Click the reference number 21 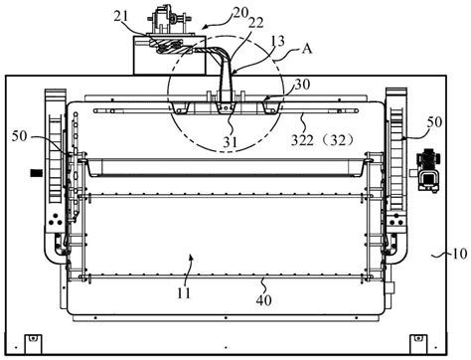[120, 17]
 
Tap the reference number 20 [240, 13]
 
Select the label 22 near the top [256, 23]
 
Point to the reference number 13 [277, 41]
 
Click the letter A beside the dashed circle [307, 49]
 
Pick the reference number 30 [302, 85]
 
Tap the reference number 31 [230, 142]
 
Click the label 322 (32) [323, 140]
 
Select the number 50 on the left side [19, 136]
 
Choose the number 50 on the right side [434, 122]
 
